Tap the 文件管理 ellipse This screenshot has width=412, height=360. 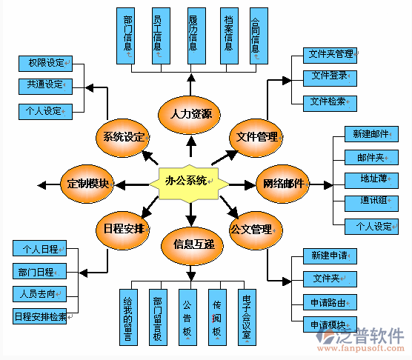257,136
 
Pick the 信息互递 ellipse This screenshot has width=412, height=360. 193,244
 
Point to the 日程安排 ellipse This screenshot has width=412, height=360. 124,227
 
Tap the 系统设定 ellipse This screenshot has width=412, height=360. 123,137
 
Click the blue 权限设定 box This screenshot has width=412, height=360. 44,63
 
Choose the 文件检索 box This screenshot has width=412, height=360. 330,100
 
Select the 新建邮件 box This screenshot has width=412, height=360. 371,134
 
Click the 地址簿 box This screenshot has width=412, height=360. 371,179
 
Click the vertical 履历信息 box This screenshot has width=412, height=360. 192,35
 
